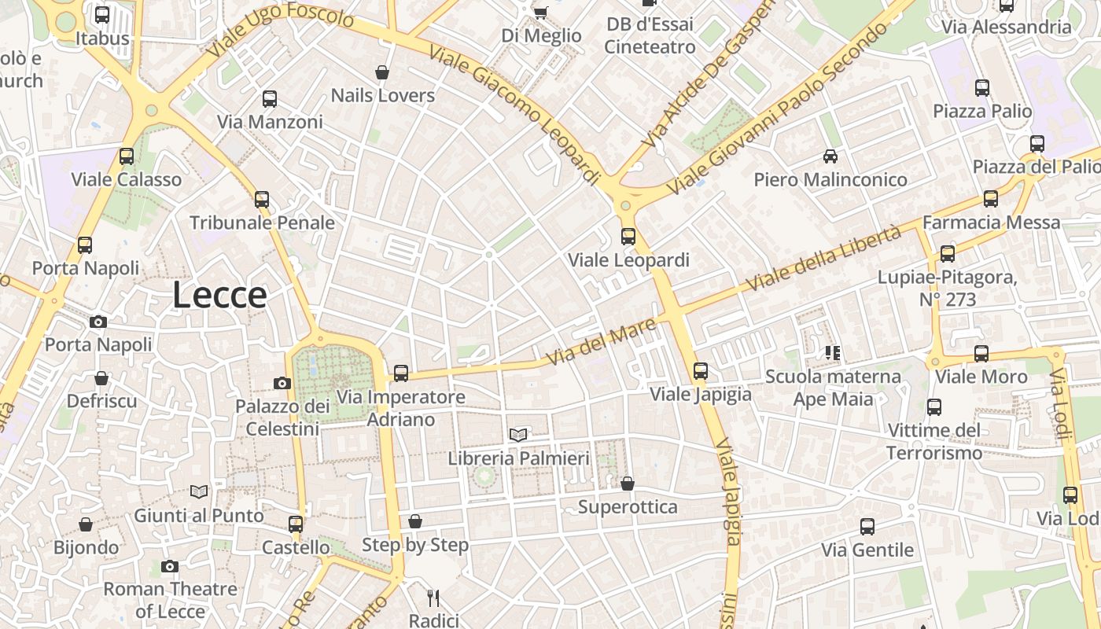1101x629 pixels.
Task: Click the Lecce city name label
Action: [x=219, y=296]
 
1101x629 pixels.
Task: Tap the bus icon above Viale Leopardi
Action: [x=628, y=236]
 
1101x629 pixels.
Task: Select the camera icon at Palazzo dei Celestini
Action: [x=282, y=383]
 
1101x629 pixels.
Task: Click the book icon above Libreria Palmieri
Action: [x=517, y=435]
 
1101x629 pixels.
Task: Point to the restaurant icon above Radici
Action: [x=433, y=598]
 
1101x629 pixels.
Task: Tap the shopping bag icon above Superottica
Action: [x=627, y=483]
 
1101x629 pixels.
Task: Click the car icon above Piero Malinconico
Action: [x=830, y=156]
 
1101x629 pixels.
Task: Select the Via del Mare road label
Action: [x=601, y=341]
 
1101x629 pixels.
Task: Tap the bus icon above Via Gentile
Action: [x=867, y=526]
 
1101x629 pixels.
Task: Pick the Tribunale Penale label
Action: [x=262, y=223]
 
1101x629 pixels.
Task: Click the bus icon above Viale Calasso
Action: [x=126, y=156]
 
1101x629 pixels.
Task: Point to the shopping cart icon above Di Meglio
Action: [x=540, y=12]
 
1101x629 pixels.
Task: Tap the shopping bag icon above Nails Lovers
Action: [x=382, y=72]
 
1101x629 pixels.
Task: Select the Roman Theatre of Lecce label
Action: [x=170, y=600]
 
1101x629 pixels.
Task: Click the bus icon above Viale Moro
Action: [x=981, y=354]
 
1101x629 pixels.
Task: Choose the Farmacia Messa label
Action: [x=991, y=223]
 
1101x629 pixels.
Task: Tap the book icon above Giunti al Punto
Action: [x=199, y=492]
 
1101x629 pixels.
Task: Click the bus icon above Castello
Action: [x=295, y=524]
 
